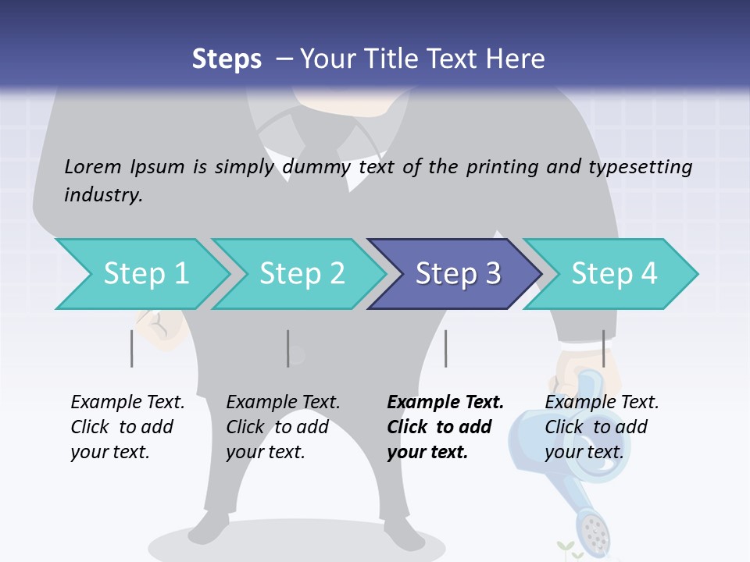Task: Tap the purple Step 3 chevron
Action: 456,274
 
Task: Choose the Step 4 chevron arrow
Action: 612,274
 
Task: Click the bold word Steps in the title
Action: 227,59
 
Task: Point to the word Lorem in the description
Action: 93,167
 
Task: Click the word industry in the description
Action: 102,195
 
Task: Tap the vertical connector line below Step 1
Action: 132,348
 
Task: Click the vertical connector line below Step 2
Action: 288,348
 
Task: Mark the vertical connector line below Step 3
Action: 445,348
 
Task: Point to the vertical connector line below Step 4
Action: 603,348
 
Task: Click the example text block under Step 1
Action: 127,427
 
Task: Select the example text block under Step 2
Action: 283,427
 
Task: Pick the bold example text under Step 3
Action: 445,427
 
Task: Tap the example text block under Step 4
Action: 601,427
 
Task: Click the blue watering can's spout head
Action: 595,531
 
